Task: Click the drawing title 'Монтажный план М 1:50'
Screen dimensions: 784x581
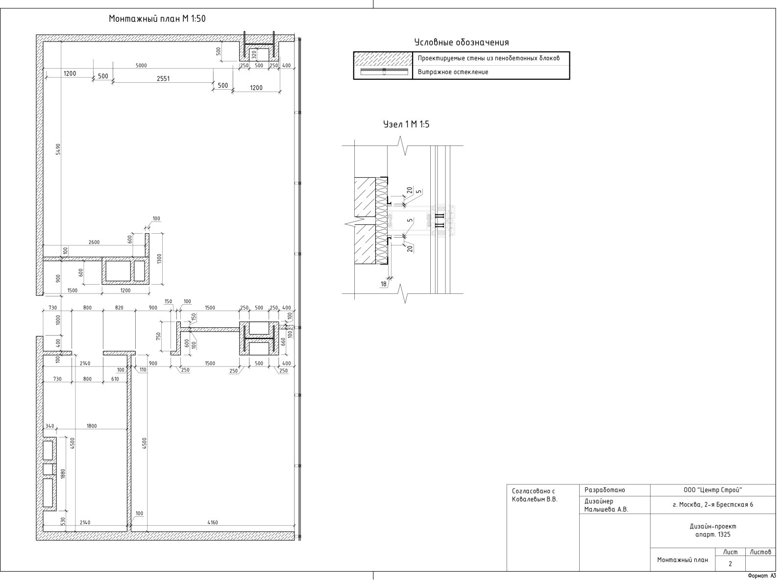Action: pos(157,19)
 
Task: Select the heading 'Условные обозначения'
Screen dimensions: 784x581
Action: pos(461,43)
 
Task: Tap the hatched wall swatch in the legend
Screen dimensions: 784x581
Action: pos(383,59)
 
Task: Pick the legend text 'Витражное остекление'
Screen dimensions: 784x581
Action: pos(453,72)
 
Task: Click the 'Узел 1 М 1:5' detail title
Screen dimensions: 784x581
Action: pos(406,124)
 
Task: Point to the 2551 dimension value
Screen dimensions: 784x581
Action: pos(163,78)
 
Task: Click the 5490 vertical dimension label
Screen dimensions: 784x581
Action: pos(58,149)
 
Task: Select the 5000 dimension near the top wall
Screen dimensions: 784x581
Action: pos(141,65)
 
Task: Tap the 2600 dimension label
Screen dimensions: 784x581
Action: pos(94,242)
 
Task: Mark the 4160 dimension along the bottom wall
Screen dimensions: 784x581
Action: pos(213,522)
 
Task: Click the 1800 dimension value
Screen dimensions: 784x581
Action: pos(92,426)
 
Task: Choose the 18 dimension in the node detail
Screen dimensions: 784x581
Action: pos(384,284)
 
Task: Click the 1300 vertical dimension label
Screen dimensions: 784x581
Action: pos(159,258)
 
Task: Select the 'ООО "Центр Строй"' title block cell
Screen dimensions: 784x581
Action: pos(712,490)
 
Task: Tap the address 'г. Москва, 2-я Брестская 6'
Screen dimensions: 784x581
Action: pos(712,505)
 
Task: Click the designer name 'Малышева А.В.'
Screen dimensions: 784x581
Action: pos(606,509)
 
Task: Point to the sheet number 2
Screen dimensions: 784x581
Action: pos(730,564)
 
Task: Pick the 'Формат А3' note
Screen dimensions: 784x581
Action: pos(762,576)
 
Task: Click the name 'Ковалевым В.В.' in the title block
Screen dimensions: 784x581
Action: pos(535,499)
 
